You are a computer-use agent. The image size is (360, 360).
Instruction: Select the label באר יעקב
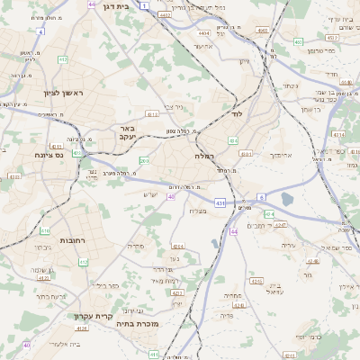point(127,133)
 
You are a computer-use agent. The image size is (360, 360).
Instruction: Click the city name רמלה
point(204,156)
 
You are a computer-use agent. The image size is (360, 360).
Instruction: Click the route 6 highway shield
point(261,196)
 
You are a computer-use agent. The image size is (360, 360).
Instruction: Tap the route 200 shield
point(144,161)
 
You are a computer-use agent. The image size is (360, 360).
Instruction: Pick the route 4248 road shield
point(311,262)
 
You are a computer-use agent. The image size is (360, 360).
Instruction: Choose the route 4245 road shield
point(256,281)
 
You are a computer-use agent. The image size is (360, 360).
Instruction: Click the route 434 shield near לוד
point(233,140)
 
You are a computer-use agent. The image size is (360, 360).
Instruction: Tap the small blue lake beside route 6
point(287,199)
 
